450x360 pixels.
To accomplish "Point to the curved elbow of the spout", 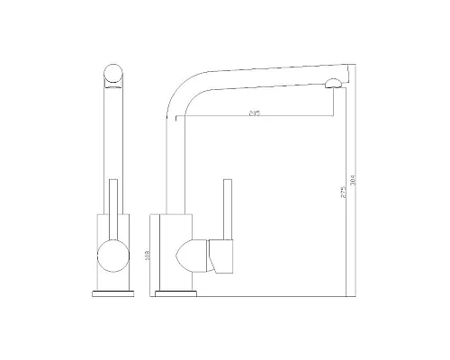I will pyautogui.click(x=180, y=90).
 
